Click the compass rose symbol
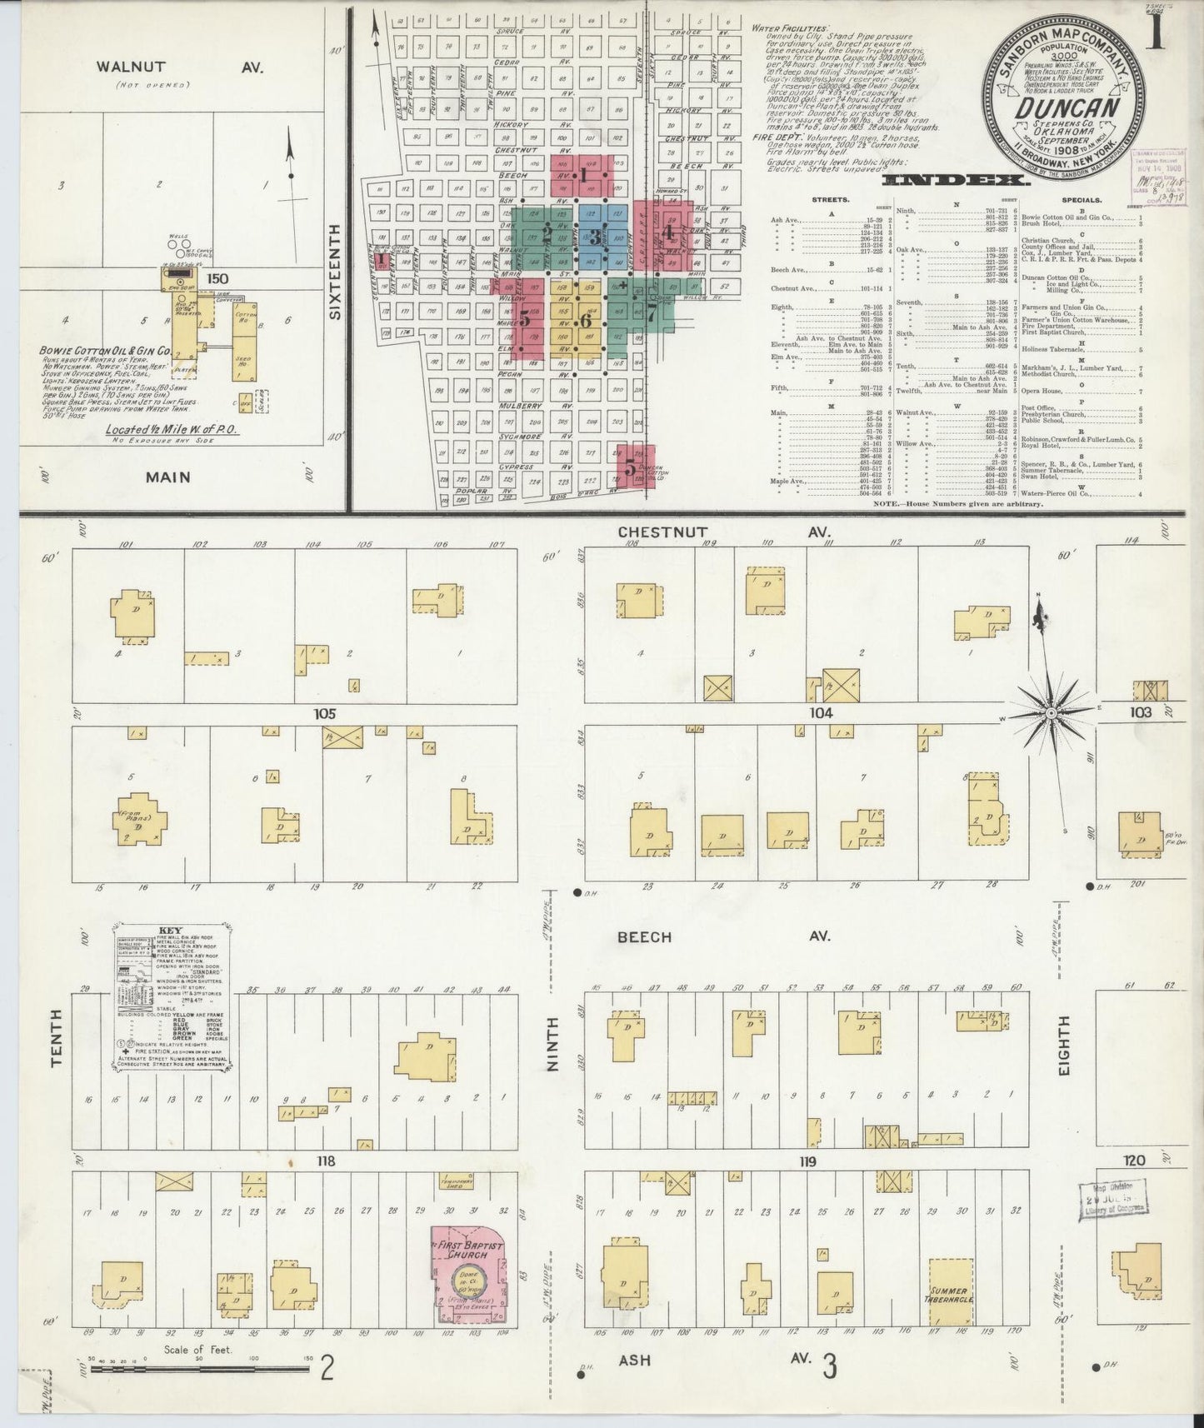(x=1050, y=714)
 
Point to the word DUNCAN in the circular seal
(x=1065, y=108)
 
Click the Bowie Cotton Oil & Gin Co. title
(x=105, y=352)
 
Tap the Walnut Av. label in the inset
(x=179, y=67)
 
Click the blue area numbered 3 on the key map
(x=593, y=234)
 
